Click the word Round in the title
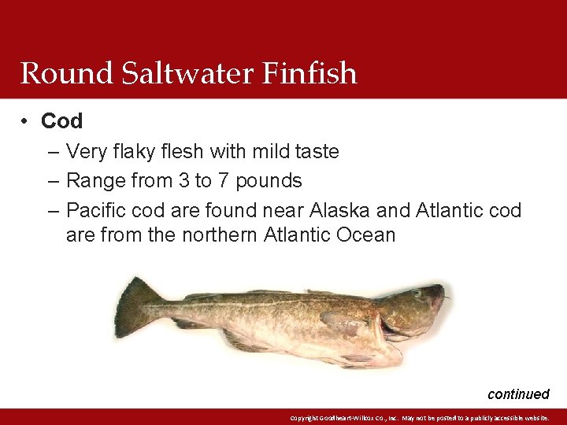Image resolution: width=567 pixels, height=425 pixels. [56, 73]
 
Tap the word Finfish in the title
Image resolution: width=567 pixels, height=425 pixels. [309, 73]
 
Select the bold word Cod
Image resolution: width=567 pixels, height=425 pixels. [61, 121]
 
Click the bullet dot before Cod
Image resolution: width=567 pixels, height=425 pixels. [26, 121]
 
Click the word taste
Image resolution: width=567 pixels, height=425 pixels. [313, 151]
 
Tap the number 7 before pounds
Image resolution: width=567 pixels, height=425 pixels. [224, 181]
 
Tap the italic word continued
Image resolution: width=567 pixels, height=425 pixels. [517, 394]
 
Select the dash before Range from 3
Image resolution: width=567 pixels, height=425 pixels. [53, 181]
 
